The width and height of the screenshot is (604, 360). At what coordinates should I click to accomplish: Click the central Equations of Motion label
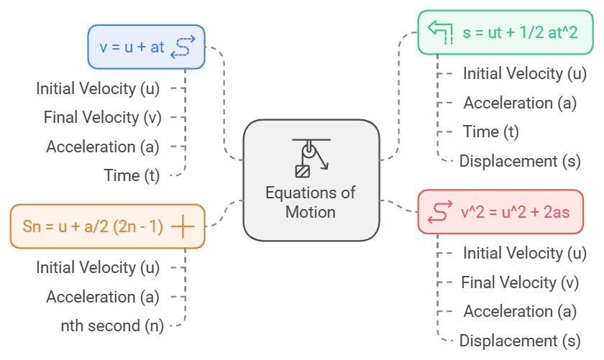tap(311, 202)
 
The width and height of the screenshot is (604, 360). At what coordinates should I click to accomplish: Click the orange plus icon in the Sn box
tap(183, 226)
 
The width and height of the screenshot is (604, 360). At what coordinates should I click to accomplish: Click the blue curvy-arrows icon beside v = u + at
tap(185, 47)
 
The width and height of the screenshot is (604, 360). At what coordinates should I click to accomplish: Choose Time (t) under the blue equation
tap(132, 175)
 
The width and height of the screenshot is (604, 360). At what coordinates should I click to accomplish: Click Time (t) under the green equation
tap(490, 131)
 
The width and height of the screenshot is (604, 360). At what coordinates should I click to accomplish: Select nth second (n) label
tap(111, 326)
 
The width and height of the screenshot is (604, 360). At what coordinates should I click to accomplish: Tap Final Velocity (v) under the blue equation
tap(102, 117)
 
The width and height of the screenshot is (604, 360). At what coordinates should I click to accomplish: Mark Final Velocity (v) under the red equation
tap(520, 282)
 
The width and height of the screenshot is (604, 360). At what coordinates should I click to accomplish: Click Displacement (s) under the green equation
tap(520, 161)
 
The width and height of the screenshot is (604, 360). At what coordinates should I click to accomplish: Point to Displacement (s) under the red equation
tap(520, 341)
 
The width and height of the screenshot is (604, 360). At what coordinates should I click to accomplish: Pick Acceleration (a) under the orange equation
tap(103, 297)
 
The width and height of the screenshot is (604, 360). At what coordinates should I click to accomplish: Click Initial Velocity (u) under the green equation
tap(524, 73)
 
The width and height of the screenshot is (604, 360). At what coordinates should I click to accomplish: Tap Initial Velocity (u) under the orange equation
tap(98, 267)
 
